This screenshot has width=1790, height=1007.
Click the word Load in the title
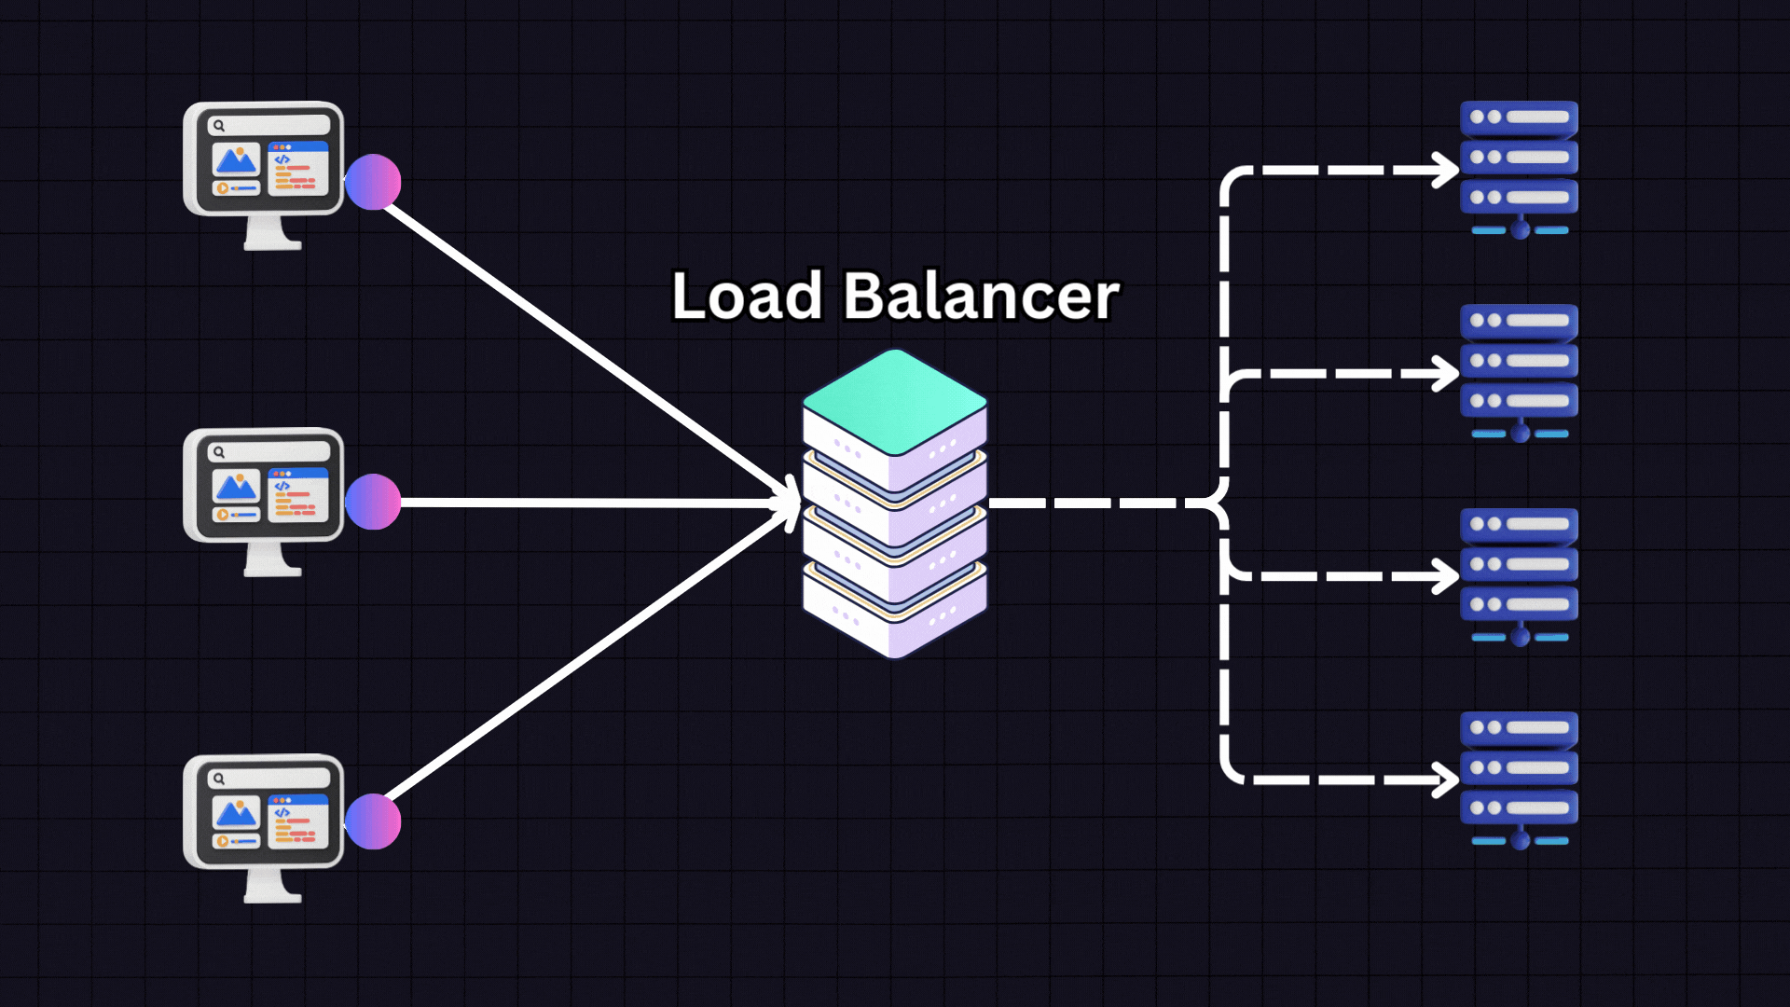pyautogui.click(x=746, y=297)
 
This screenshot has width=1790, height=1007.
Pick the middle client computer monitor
pyautogui.click(x=264, y=487)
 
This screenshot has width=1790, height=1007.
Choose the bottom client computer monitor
pyautogui.click(x=264, y=813)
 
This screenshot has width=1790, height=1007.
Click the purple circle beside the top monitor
pyautogui.click(x=373, y=182)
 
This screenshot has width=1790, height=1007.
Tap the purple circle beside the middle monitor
pyautogui.click(x=373, y=502)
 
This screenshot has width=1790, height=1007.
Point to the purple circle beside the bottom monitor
pyautogui.click(x=373, y=821)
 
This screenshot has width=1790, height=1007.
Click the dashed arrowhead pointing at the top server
pyautogui.click(x=1446, y=171)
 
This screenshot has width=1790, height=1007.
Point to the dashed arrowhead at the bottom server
pyautogui.click(x=1446, y=779)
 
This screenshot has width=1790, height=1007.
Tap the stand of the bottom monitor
pyautogui.click(x=272, y=886)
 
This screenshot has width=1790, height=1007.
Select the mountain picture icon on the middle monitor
pyautogui.click(x=236, y=487)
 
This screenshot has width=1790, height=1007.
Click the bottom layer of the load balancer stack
pyautogui.click(x=895, y=619)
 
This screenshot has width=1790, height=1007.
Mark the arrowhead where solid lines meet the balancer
pyautogui.click(x=791, y=503)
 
